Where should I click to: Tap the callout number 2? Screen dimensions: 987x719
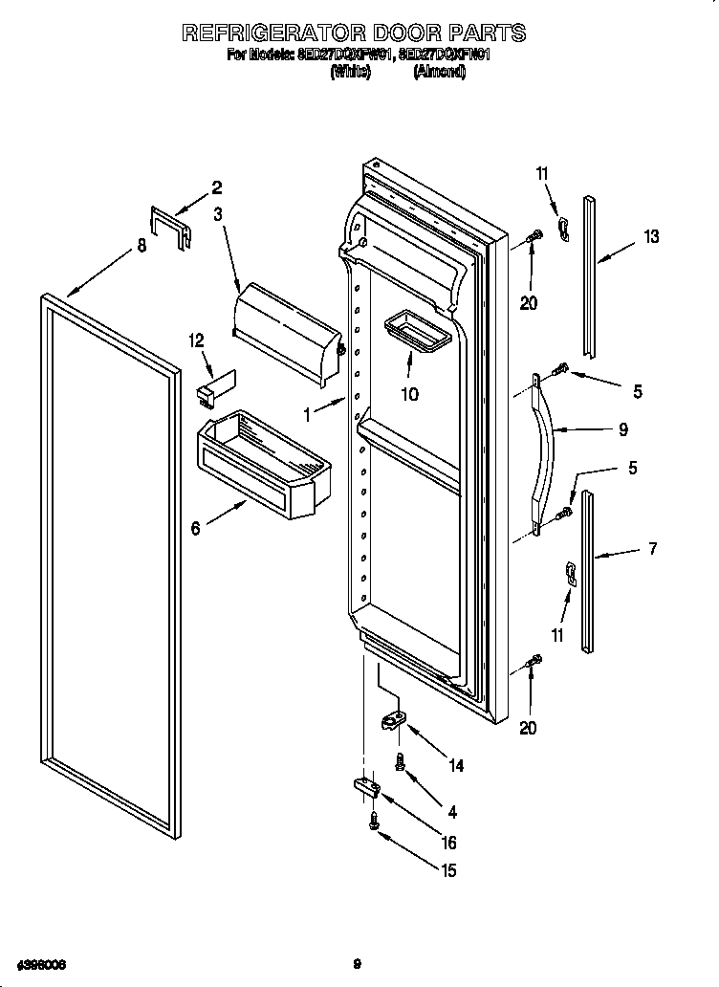(216, 187)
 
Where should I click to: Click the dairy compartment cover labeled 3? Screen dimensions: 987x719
(286, 330)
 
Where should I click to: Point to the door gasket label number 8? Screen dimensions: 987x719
(142, 246)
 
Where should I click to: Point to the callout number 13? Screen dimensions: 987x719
(651, 237)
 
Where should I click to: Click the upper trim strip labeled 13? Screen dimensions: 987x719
(591, 274)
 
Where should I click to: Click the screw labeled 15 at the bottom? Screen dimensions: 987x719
(375, 821)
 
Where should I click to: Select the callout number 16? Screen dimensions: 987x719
(449, 843)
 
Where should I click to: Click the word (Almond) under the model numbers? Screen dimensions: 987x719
(439, 73)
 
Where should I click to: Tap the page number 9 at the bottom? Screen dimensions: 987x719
(357, 964)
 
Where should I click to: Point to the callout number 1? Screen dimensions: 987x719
(307, 415)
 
